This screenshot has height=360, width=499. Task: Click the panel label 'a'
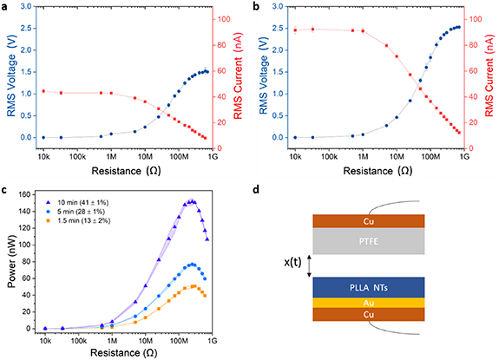pos(5,8)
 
